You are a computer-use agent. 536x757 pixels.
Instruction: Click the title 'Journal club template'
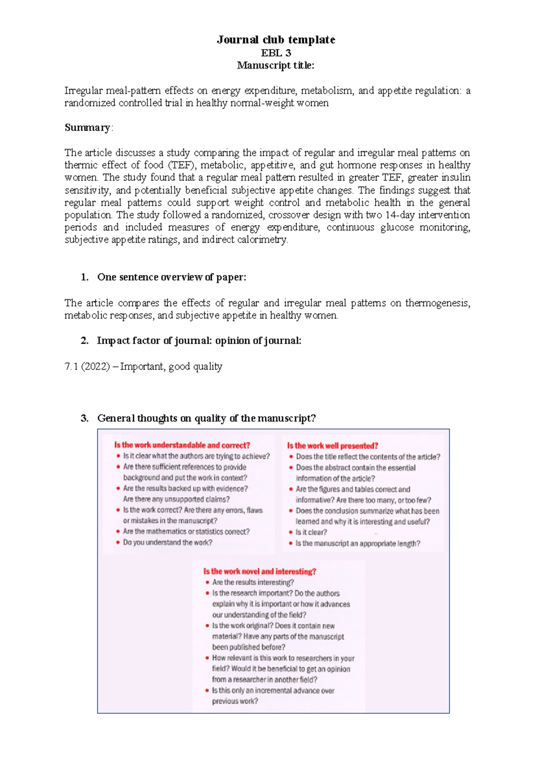pyautogui.click(x=276, y=40)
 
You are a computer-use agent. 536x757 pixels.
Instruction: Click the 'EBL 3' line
pyautogui.click(x=276, y=53)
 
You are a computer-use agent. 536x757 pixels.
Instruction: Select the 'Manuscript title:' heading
pyautogui.click(x=276, y=65)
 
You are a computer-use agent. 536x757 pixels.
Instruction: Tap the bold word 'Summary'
pyautogui.click(x=87, y=128)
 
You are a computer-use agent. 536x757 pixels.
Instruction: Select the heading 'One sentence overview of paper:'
pyautogui.click(x=172, y=277)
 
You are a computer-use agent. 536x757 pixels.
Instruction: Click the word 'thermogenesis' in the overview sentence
pyautogui.click(x=436, y=303)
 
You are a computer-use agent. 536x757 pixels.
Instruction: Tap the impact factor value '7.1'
pyautogui.click(x=71, y=366)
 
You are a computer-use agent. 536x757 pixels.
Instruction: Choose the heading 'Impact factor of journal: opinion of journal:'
pyautogui.click(x=199, y=341)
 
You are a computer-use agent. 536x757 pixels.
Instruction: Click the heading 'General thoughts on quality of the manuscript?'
pyautogui.click(x=206, y=418)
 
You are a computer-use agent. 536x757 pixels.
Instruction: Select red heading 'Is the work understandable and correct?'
pyautogui.click(x=182, y=445)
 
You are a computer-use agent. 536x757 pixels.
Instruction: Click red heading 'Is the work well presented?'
pyautogui.click(x=333, y=445)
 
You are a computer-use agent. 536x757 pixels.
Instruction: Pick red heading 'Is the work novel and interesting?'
pyautogui.click(x=260, y=571)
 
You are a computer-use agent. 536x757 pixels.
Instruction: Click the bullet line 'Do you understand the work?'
pyautogui.click(x=167, y=542)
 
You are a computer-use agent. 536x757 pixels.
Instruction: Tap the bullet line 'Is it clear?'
pyautogui.click(x=311, y=532)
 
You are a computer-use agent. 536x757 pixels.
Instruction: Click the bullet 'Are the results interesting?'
pyautogui.click(x=253, y=582)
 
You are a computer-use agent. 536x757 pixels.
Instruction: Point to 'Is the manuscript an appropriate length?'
pyautogui.click(x=357, y=543)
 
